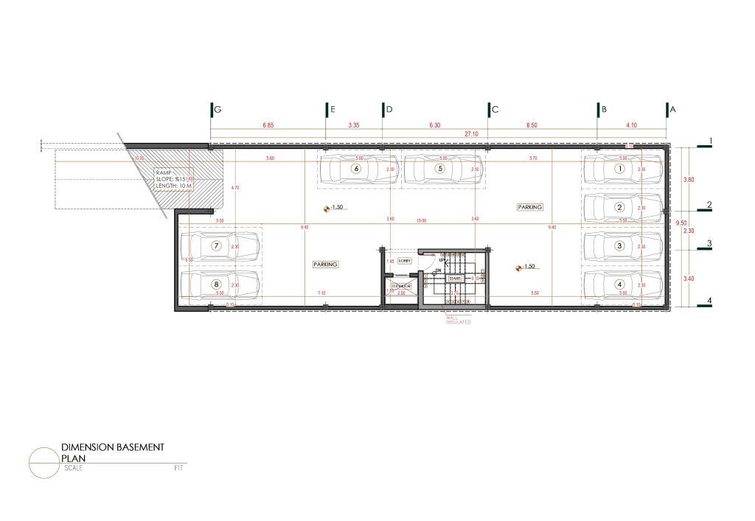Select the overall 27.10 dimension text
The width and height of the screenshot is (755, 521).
click(470, 134)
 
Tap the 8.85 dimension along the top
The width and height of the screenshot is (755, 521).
click(268, 125)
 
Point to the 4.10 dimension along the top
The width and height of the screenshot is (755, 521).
click(632, 125)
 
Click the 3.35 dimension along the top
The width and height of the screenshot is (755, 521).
click(354, 125)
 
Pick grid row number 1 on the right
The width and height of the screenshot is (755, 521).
click(711, 140)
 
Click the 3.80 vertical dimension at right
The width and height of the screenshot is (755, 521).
click(689, 179)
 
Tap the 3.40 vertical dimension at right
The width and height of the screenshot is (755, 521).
click(689, 279)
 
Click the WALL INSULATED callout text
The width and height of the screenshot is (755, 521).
click(458, 319)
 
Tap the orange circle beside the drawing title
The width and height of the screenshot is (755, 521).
click(44, 461)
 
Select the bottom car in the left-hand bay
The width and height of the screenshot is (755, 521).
click(218, 283)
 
